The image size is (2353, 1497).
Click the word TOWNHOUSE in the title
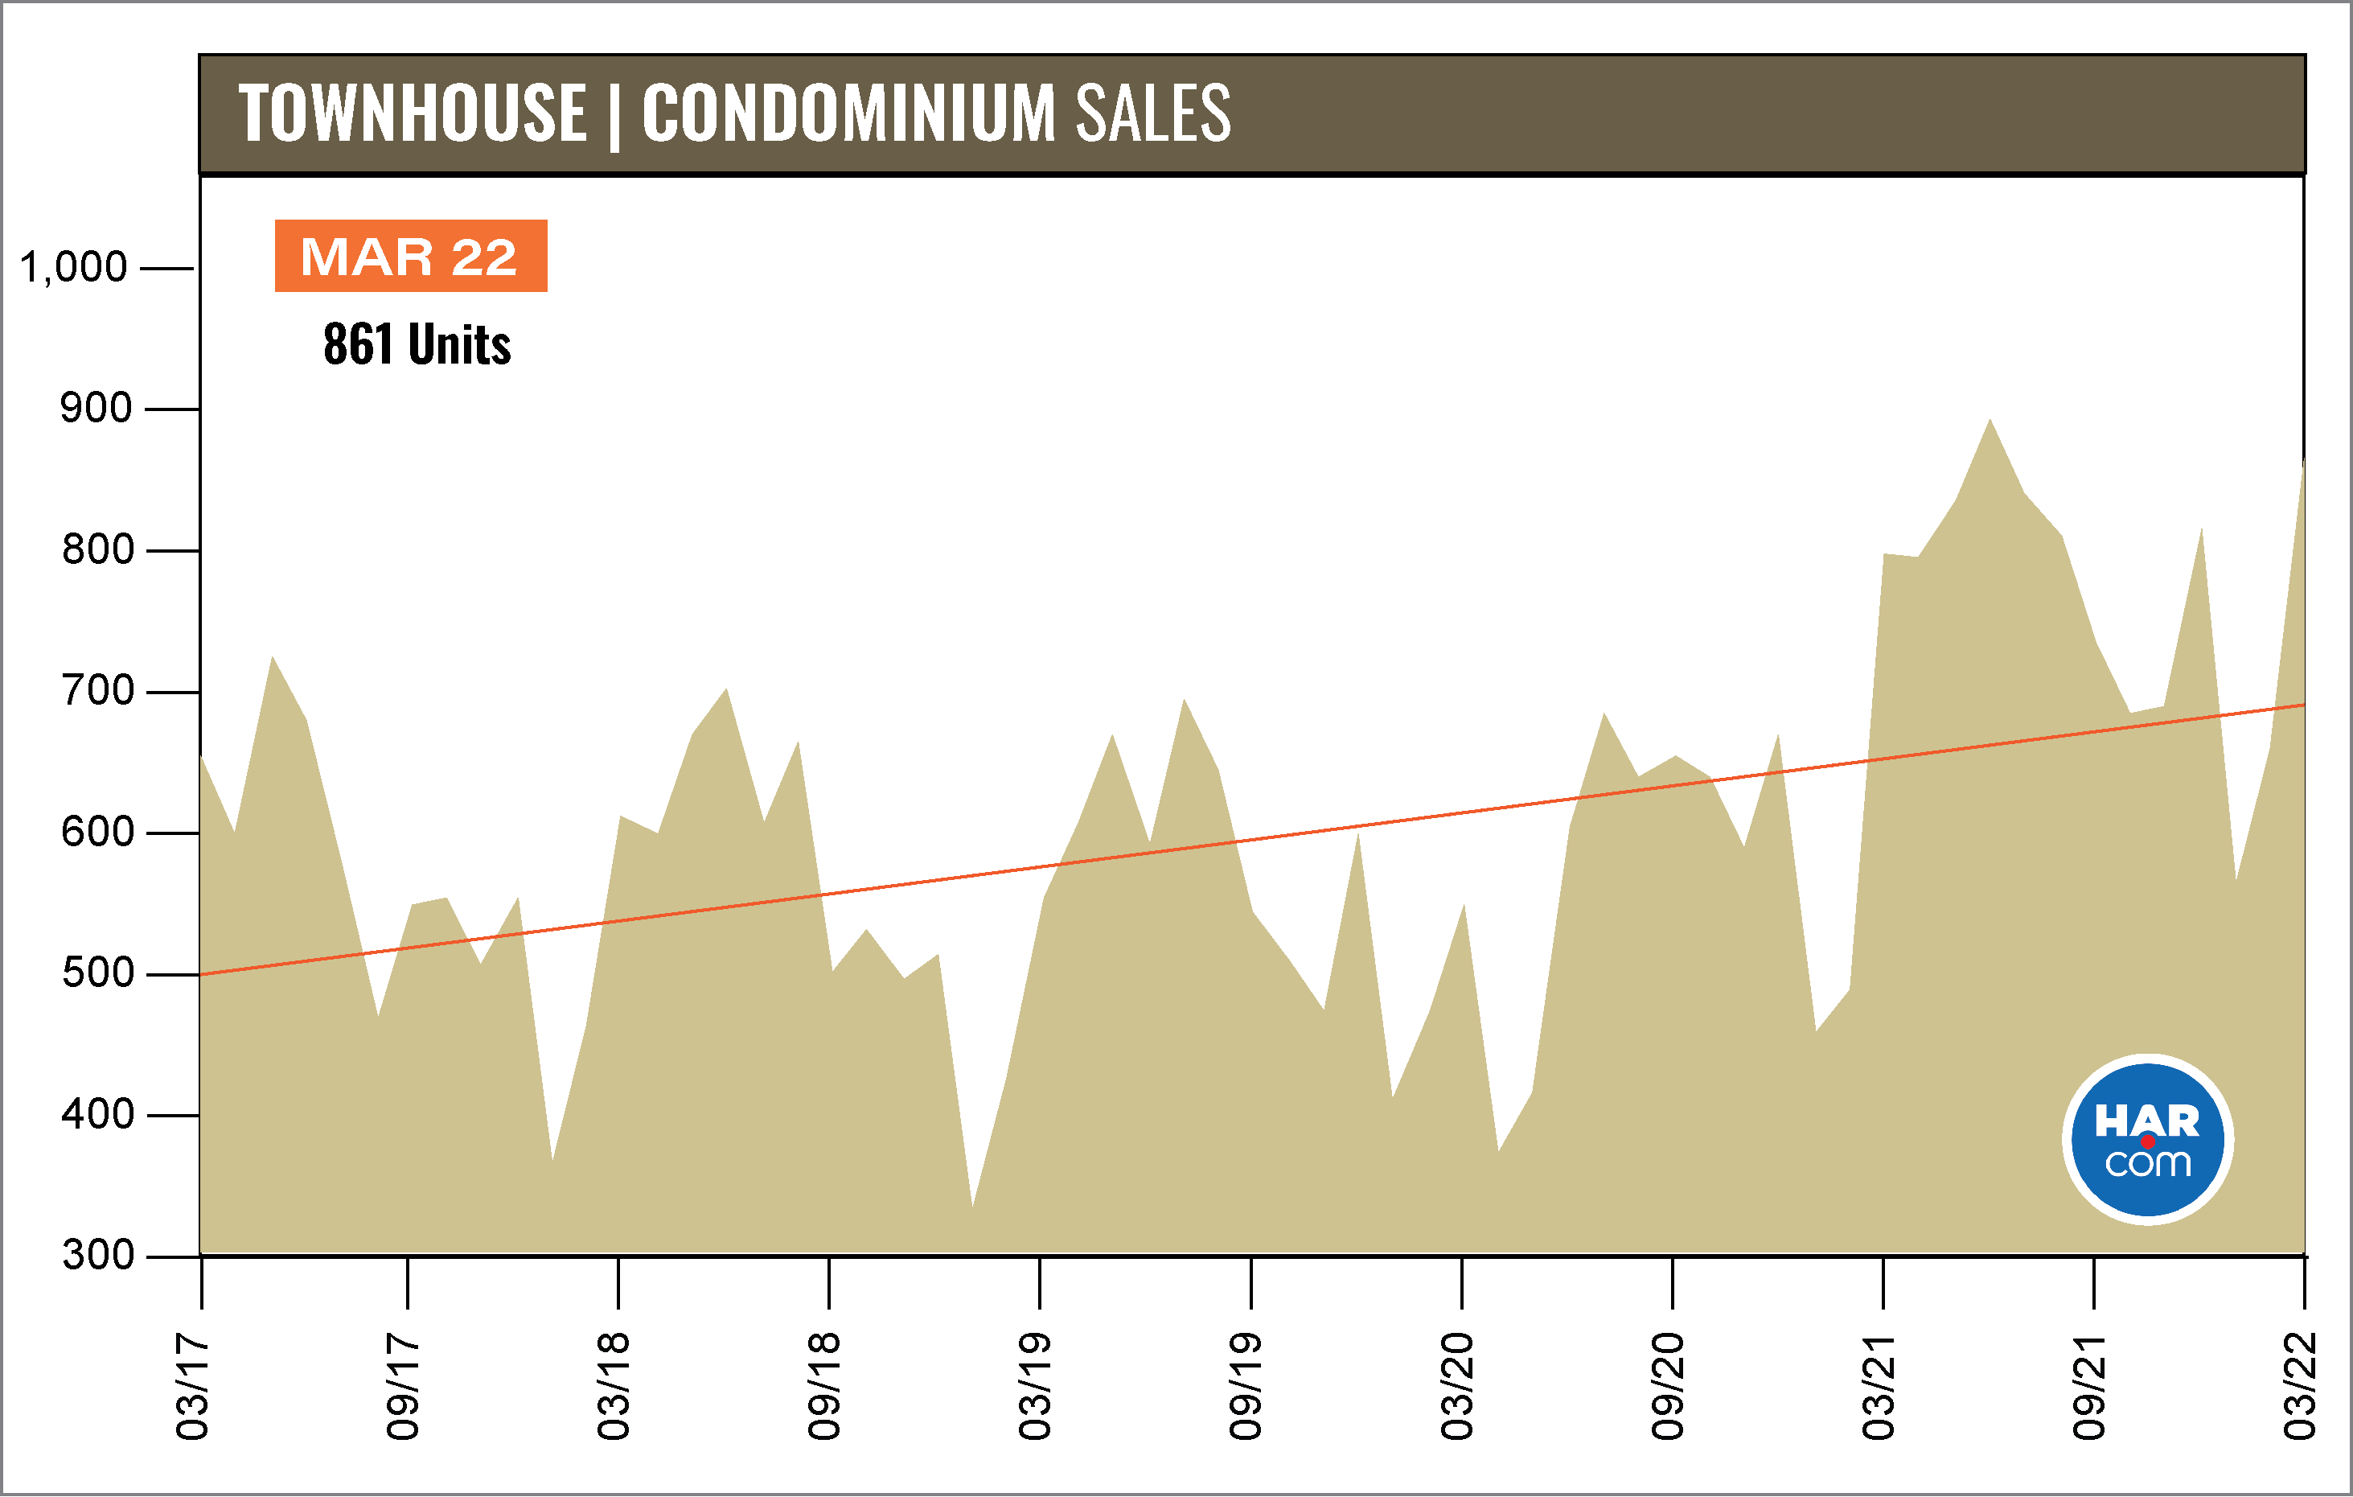pyautogui.click(x=413, y=113)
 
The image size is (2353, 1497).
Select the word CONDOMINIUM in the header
pyautogui.click(x=848, y=113)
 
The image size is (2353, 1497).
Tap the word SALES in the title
pyautogui.click(x=1153, y=113)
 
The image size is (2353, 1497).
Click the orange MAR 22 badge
pyautogui.click(x=410, y=256)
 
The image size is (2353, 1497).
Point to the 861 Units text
pyautogui.click(x=417, y=344)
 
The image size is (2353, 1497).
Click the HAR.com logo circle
pyautogui.click(x=2147, y=1139)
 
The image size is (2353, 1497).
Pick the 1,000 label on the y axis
pyautogui.click(x=73, y=267)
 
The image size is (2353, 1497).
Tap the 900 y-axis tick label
pyautogui.click(x=96, y=409)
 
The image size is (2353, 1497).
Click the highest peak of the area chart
pyautogui.click(x=1990, y=422)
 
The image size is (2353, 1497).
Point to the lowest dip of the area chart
pyautogui.click(x=972, y=1204)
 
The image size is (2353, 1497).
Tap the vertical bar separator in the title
pyautogui.click(x=614, y=117)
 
